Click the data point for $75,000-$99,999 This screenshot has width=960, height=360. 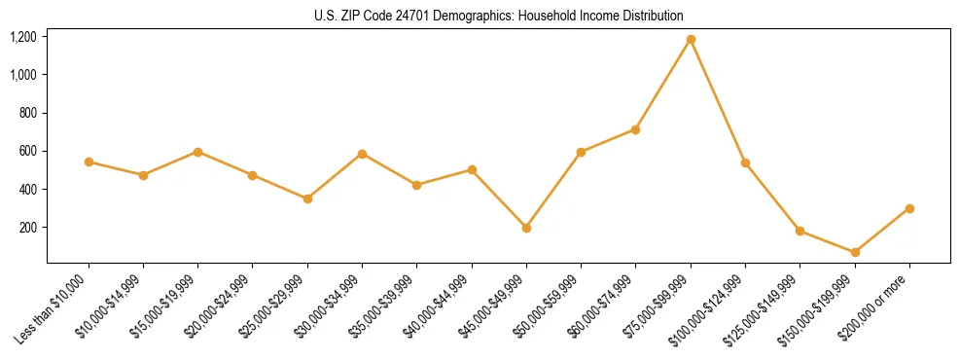691,40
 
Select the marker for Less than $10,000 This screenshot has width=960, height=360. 89,162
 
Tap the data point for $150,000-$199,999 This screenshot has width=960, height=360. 855,252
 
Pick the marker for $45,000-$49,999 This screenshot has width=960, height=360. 526,228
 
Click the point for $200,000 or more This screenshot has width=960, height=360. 909,208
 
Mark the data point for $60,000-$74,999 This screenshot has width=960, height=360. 636,129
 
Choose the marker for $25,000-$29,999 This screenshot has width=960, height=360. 307,198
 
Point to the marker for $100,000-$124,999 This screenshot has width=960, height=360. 745,162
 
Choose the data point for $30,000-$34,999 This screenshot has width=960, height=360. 362,154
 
